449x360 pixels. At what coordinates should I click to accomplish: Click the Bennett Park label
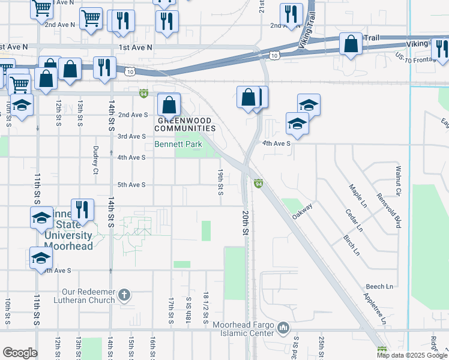(178, 144)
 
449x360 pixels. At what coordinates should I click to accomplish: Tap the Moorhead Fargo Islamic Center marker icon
(284, 328)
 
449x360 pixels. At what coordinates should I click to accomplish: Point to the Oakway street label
(303, 213)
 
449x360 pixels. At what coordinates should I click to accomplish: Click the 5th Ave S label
(131, 185)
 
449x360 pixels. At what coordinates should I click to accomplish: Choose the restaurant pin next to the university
(82, 209)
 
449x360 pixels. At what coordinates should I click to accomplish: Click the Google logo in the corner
(20, 353)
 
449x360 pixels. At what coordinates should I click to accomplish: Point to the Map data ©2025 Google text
(412, 355)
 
